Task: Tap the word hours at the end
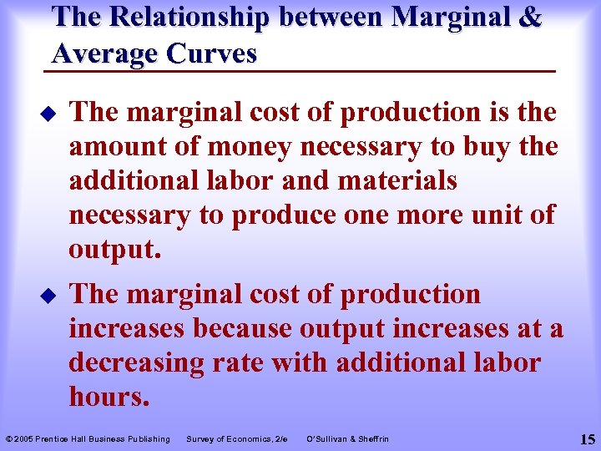109,398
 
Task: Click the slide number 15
586,438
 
